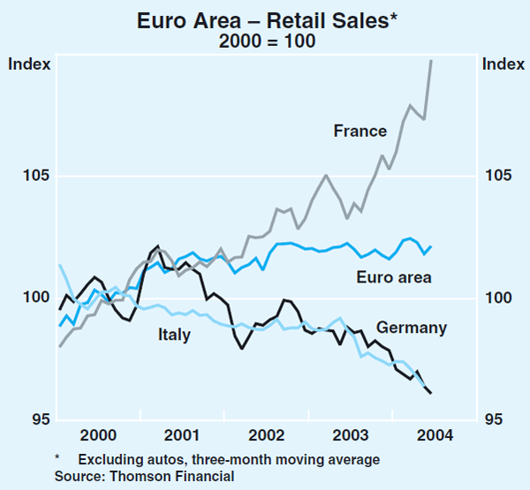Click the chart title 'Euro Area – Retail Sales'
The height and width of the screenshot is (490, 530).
pos(261,19)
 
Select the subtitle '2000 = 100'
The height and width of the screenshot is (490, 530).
pos(264,41)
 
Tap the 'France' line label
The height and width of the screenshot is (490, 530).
pos(360,132)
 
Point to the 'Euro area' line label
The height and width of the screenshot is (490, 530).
pos(394,278)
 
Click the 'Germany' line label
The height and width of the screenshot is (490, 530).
pos(411,328)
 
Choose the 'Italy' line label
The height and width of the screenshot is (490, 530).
pos(174,335)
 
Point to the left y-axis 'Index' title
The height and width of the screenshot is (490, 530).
pos(29,64)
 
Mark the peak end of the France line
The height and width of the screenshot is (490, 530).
pos(431,60)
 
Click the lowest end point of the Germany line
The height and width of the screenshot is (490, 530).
pos(431,394)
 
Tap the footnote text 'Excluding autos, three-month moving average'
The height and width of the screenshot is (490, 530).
pos(229,459)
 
